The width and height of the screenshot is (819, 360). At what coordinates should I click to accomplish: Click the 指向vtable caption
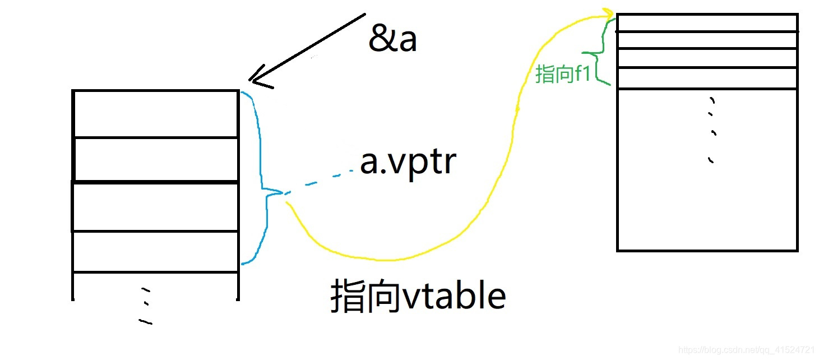418,296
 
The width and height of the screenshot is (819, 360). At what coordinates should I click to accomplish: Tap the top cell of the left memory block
156,113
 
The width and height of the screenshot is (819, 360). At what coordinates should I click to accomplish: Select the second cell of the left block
156,159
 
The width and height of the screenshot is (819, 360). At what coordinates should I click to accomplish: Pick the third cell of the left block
156,206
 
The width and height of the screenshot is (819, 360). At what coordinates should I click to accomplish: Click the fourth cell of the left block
156,251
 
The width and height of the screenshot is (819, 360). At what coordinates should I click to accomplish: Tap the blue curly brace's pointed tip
282,193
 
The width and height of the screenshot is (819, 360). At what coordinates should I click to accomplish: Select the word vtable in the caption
454,296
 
